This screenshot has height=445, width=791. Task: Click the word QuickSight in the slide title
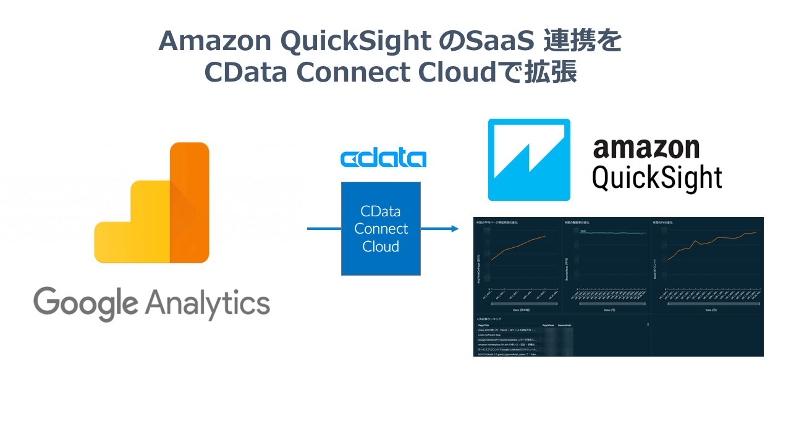click(x=355, y=41)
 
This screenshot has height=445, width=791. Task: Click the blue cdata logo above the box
click(x=383, y=158)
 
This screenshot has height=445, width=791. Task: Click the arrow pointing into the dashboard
click(x=440, y=229)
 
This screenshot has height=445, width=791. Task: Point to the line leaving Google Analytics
click(x=324, y=229)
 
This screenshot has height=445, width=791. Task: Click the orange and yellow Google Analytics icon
click(x=152, y=204)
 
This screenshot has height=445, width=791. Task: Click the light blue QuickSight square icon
click(x=529, y=159)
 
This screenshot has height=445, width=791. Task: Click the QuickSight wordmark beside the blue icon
click(x=657, y=178)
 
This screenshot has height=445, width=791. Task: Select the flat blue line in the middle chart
click(x=612, y=233)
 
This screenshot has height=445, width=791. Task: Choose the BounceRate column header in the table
click(x=564, y=324)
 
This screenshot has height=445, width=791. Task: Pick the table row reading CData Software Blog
click(x=492, y=334)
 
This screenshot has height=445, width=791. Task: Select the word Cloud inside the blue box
click(x=381, y=247)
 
